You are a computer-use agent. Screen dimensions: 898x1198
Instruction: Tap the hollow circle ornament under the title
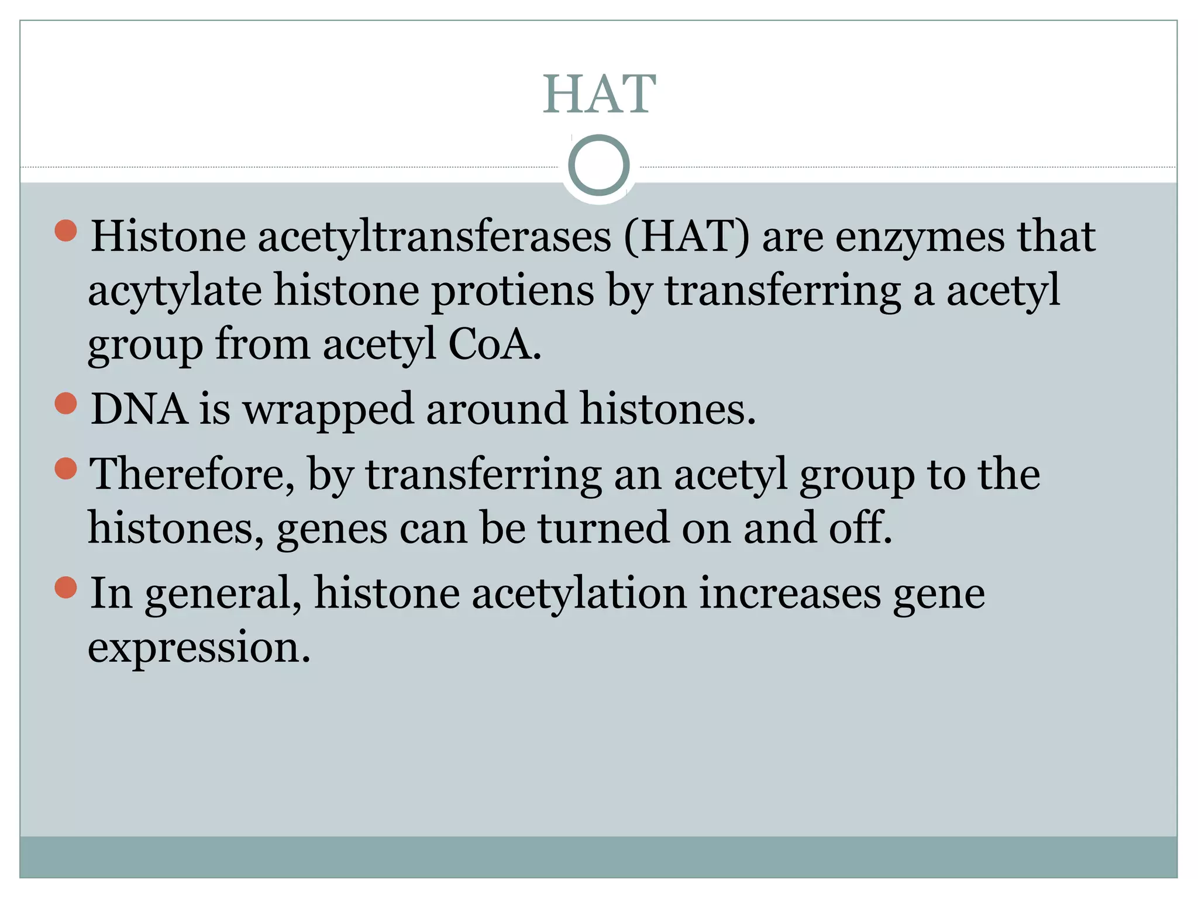pos(598,165)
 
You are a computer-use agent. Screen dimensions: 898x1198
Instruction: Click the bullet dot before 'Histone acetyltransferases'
pos(66,230)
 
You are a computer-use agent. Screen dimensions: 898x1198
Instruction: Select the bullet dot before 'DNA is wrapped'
pos(66,403)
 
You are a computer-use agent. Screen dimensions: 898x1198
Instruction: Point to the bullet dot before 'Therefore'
pos(66,468)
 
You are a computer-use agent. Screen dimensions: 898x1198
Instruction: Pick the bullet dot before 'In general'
pos(66,588)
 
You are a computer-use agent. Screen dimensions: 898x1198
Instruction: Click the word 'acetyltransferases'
pos(434,237)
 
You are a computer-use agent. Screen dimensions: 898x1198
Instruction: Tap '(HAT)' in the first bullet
pos(686,237)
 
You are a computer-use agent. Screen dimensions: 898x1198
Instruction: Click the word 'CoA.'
pos(494,344)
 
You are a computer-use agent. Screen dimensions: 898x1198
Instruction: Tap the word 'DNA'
pos(139,409)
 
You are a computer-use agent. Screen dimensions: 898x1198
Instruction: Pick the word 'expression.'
pos(199,648)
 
